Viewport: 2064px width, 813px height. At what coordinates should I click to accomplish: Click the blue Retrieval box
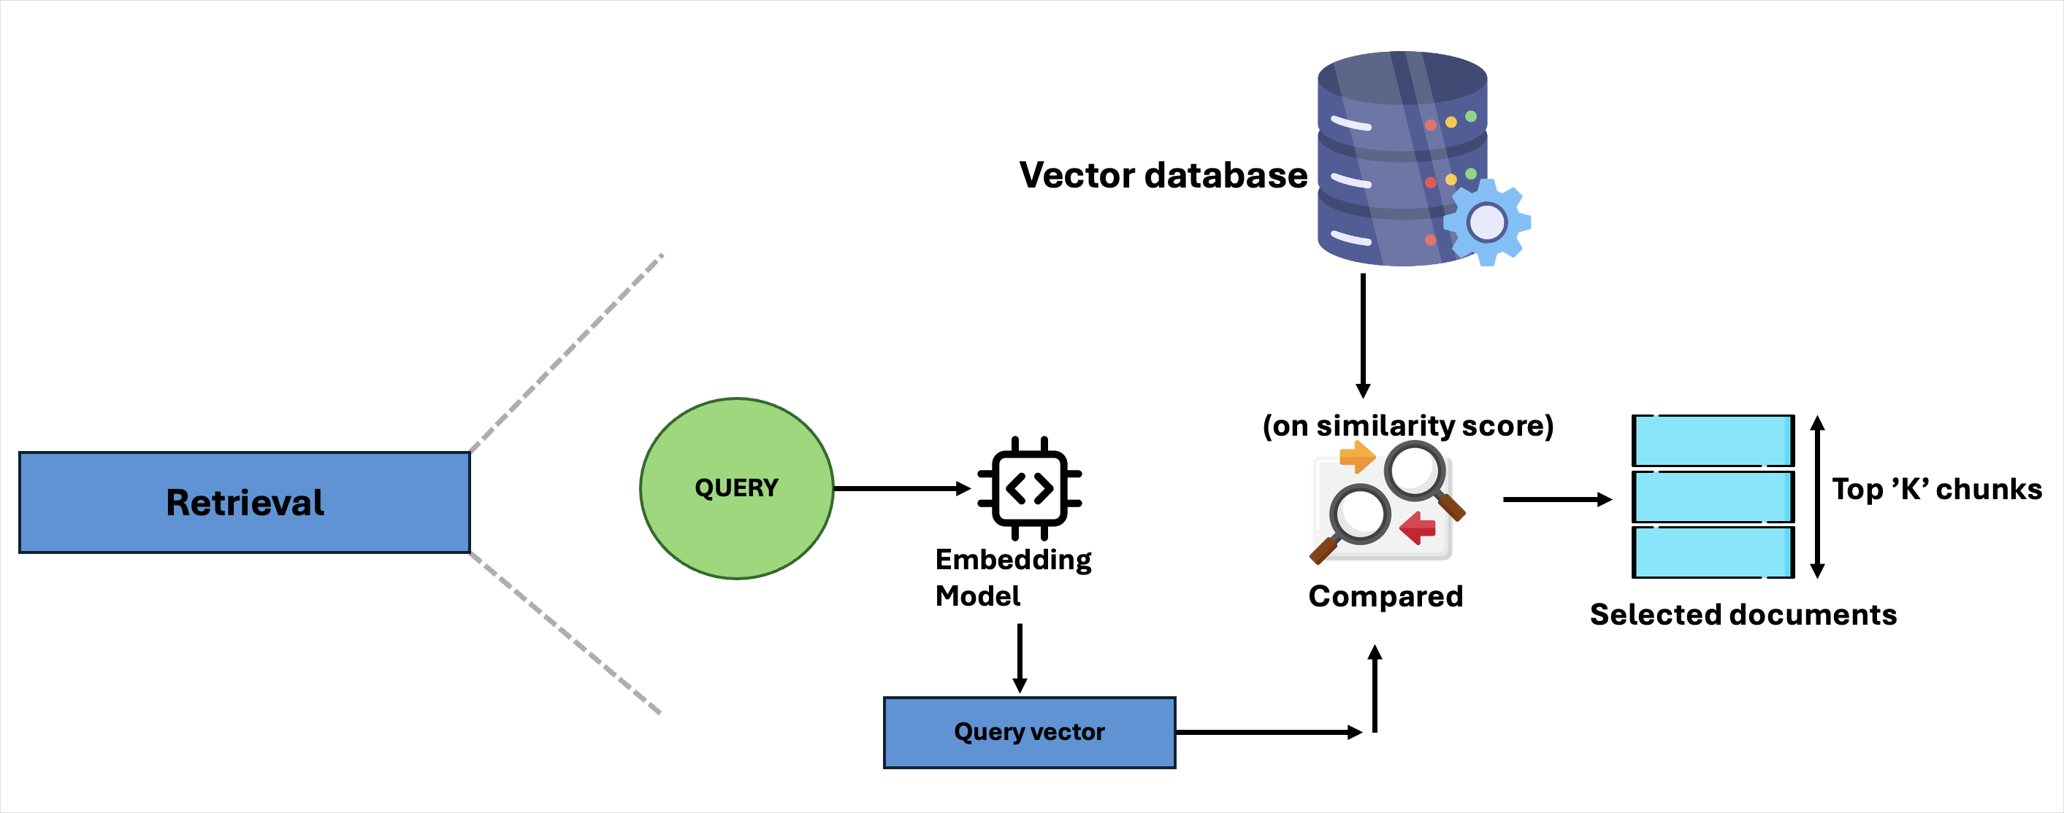(x=245, y=502)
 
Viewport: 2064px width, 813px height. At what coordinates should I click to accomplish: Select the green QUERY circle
(x=736, y=488)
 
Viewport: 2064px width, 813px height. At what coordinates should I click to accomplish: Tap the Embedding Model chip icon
(x=1030, y=488)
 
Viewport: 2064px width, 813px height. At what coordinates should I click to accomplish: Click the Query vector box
(x=1029, y=732)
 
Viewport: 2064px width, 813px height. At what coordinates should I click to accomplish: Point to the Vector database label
(x=1163, y=175)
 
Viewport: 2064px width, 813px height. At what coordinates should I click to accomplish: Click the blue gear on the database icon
(x=1487, y=222)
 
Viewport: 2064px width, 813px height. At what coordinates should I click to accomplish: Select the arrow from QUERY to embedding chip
(x=901, y=488)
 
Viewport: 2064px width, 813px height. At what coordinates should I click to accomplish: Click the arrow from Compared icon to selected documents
(x=1556, y=500)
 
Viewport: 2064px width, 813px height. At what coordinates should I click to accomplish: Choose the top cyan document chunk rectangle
(x=1713, y=441)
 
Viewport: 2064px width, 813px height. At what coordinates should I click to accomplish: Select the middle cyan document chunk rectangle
(x=1713, y=496)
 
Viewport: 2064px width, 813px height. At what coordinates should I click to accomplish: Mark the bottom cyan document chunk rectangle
(x=1713, y=552)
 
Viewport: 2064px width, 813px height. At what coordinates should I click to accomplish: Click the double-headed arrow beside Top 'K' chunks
(x=1817, y=496)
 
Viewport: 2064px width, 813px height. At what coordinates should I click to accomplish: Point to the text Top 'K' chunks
(x=1937, y=490)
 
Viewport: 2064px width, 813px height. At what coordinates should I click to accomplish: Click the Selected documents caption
(x=1743, y=614)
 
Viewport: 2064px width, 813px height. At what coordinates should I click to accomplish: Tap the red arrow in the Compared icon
(x=1418, y=528)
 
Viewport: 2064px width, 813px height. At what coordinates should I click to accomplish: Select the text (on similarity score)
(x=1408, y=425)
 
